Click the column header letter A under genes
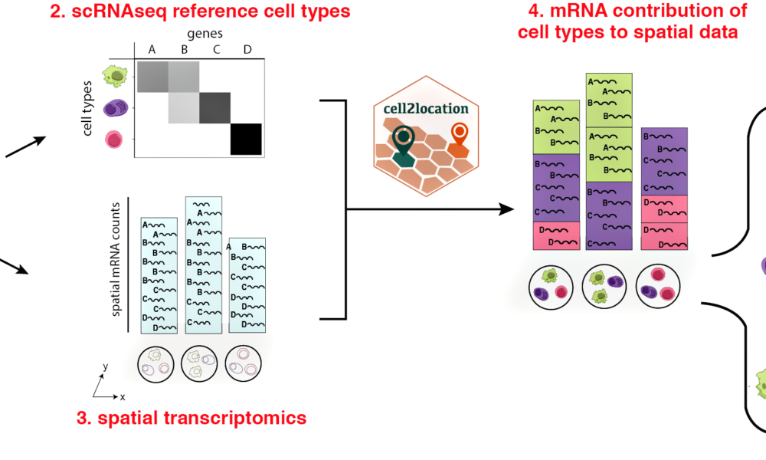[x=151, y=49]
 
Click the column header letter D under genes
[x=247, y=49]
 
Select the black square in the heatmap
[x=247, y=139]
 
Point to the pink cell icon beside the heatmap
[x=114, y=139]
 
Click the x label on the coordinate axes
[x=122, y=397]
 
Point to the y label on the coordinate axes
[x=105, y=367]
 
